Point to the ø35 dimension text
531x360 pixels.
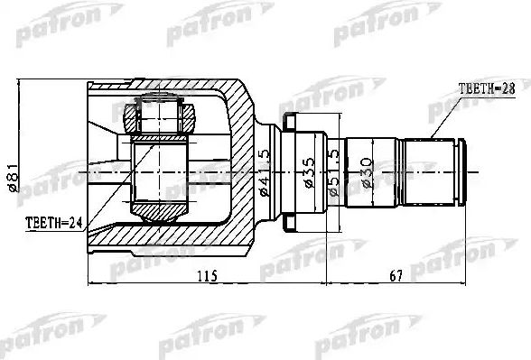(309, 171)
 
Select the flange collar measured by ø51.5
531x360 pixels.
(291, 171)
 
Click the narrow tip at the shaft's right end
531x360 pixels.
(463, 171)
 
